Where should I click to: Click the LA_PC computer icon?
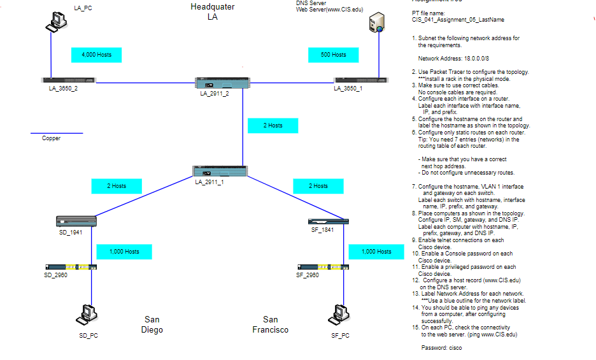[56, 22]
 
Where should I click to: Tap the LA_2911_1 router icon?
[220, 171]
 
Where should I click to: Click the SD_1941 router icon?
[76, 221]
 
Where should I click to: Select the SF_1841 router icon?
[328, 221]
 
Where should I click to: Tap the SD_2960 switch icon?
[71, 267]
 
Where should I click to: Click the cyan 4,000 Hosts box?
[96, 55]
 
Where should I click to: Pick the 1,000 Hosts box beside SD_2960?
[124, 252]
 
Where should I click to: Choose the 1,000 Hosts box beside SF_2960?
[376, 252]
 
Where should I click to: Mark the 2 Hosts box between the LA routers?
[273, 126]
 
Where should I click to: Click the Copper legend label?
[51, 138]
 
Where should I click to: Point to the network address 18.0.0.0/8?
[453, 58]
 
